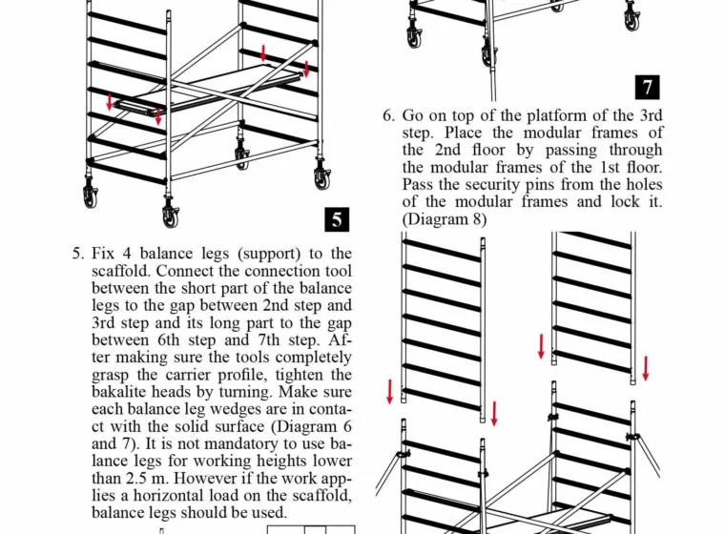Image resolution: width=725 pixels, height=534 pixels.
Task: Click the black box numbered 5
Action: [336, 219]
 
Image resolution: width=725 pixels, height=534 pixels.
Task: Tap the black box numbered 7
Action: [648, 87]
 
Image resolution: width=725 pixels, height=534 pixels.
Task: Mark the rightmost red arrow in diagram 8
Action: [645, 367]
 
